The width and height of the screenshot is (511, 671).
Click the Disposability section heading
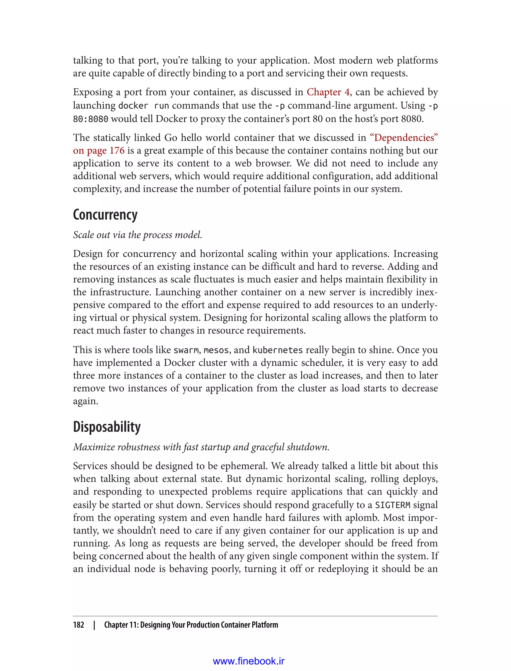tap(107, 427)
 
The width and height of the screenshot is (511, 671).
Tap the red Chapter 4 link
tap(328, 92)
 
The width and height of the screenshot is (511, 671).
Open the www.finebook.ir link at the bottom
tap(249, 661)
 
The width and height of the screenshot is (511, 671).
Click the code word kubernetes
tap(277, 350)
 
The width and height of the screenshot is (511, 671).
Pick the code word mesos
tap(216, 350)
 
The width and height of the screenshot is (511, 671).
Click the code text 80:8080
tap(90, 119)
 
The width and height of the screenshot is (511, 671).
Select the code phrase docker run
tap(143, 106)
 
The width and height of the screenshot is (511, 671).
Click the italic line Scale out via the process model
tap(137, 235)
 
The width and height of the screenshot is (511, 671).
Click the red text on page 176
tap(99, 150)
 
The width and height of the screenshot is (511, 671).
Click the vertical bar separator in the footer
tap(94, 625)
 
